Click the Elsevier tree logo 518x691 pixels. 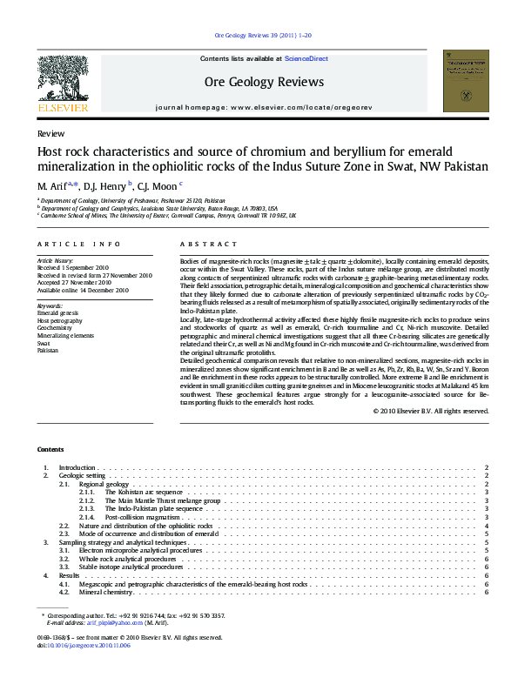coord(63,79)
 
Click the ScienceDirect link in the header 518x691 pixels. coord(306,58)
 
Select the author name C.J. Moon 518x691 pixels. coord(158,185)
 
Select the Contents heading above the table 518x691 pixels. coord(50,449)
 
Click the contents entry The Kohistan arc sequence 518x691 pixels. coord(144,492)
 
